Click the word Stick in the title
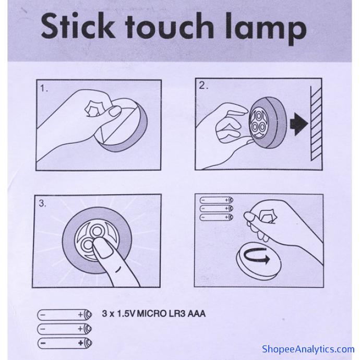click(78, 26)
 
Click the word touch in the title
click(170, 26)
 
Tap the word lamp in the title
click(266, 29)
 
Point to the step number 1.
click(44, 88)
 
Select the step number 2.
click(203, 86)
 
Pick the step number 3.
click(42, 203)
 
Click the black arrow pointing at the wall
click(299, 124)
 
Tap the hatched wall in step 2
click(316, 124)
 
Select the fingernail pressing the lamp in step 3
click(102, 248)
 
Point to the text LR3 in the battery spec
click(176, 314)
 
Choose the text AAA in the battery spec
click(197, 314)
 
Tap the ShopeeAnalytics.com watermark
click(308, 349)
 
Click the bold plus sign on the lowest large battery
click(80, 343)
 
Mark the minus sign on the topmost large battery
click(43, 315)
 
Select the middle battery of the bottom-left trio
click(65, 329)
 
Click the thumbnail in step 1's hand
click(115, 112)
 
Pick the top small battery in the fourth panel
click(217, 200)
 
